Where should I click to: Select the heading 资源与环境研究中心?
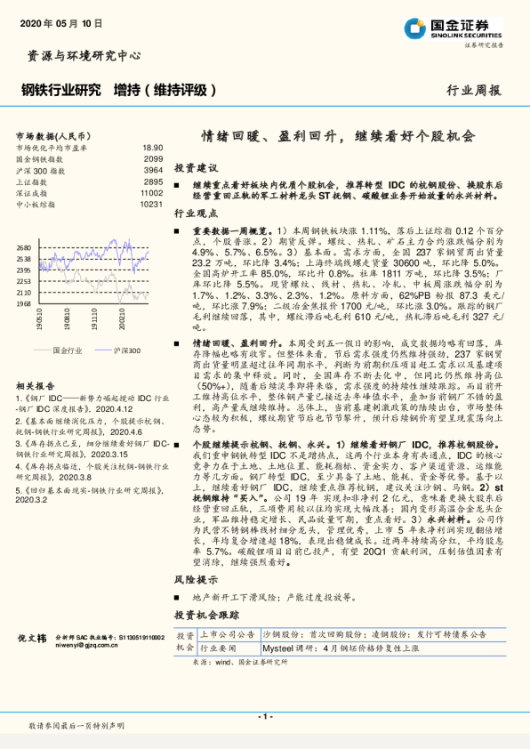(79, 55)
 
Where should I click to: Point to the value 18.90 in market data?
(152, 147)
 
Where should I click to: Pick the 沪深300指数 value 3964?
(154, 169)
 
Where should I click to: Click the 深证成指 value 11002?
(151, 192)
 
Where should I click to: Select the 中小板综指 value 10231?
(151, 204)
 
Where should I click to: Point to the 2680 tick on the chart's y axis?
(24, 248)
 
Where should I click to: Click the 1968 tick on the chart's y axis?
(24, 303)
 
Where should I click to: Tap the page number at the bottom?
(264, 716)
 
